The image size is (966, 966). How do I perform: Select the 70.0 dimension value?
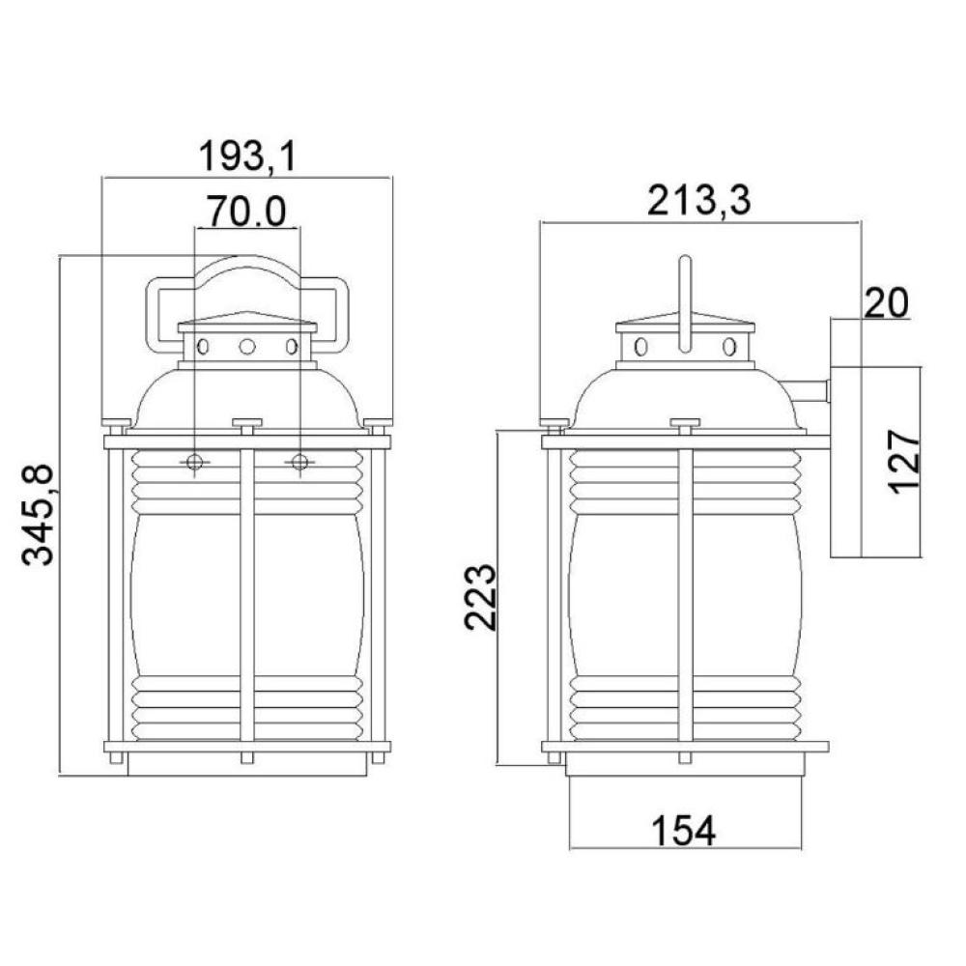coord(245,211)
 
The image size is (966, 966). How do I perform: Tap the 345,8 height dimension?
coord(39,516)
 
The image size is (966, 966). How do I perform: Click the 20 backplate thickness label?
coord(887,303)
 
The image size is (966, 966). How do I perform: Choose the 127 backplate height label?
coord(904,462)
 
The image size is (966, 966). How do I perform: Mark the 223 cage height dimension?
coord(479,596)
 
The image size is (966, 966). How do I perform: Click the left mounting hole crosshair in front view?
coord(194,462)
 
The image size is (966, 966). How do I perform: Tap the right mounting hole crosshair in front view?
coord(300,462)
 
